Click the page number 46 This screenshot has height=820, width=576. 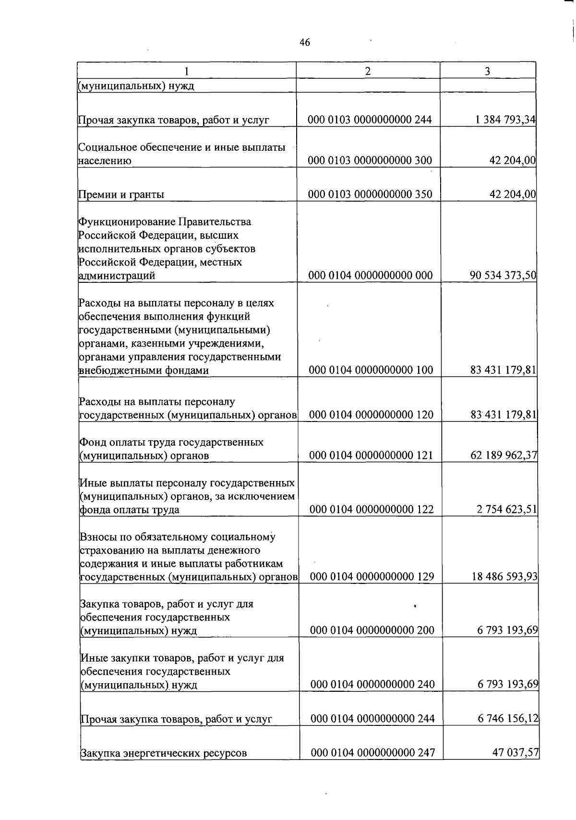coord(305,43)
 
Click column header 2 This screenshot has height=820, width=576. coord(368,71)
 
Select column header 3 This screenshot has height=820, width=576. coord(487,71)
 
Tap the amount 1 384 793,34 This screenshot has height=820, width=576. coord(505,120)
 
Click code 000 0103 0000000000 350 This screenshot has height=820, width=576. coord(370,194)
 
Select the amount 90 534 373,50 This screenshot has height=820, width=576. coord(503,276)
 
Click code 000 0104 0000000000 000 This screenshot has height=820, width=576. coord(370,276)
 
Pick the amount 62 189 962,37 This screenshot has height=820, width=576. coord(504,455)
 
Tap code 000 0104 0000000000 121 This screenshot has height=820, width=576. coord(372,455)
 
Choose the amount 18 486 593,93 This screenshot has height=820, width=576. coord(504,577)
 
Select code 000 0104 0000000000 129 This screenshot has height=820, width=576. coord(372,577)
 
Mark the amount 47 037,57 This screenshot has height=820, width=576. coord(516,753)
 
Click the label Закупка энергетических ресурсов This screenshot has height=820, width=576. coord(164,753)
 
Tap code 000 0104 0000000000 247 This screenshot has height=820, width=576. coord(373,753)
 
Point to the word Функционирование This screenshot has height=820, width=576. coord(127,222)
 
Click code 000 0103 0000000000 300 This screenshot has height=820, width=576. coord(370,160)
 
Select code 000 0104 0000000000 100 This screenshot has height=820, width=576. coord(371,370)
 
